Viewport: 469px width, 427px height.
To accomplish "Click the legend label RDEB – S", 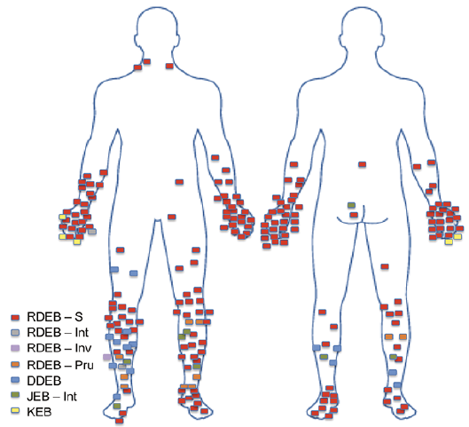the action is pos(55,317).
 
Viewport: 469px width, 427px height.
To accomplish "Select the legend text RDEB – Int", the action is pos(58,332).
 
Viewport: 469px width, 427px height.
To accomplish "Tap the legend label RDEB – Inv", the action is pos(59,348).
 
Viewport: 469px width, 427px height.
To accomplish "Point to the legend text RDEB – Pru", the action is pos(60,365).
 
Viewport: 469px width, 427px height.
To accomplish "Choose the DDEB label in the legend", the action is pos(44,381).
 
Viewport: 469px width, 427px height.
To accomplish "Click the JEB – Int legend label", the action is pos(51,397).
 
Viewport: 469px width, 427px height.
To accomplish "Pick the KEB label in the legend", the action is pos(39,412).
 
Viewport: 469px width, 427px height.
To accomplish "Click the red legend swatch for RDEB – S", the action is pos(15,318).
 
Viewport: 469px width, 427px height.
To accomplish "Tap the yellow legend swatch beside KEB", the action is pos(15,411).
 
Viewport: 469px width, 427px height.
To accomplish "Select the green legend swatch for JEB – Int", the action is pos(15,395).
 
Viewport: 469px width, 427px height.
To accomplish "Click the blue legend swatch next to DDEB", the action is pos(15,380).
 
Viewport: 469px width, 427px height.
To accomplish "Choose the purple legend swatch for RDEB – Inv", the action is pos(15,348).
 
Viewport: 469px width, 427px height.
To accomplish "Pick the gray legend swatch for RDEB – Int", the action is pos(15,332).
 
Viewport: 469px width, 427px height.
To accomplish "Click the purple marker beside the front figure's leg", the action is pos(106,357).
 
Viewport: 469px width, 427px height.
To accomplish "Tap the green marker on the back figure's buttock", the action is pos(351,205).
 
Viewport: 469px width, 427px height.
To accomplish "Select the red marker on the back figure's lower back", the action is pos(363,164).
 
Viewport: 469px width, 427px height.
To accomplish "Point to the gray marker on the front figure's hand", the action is pos(92,232).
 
